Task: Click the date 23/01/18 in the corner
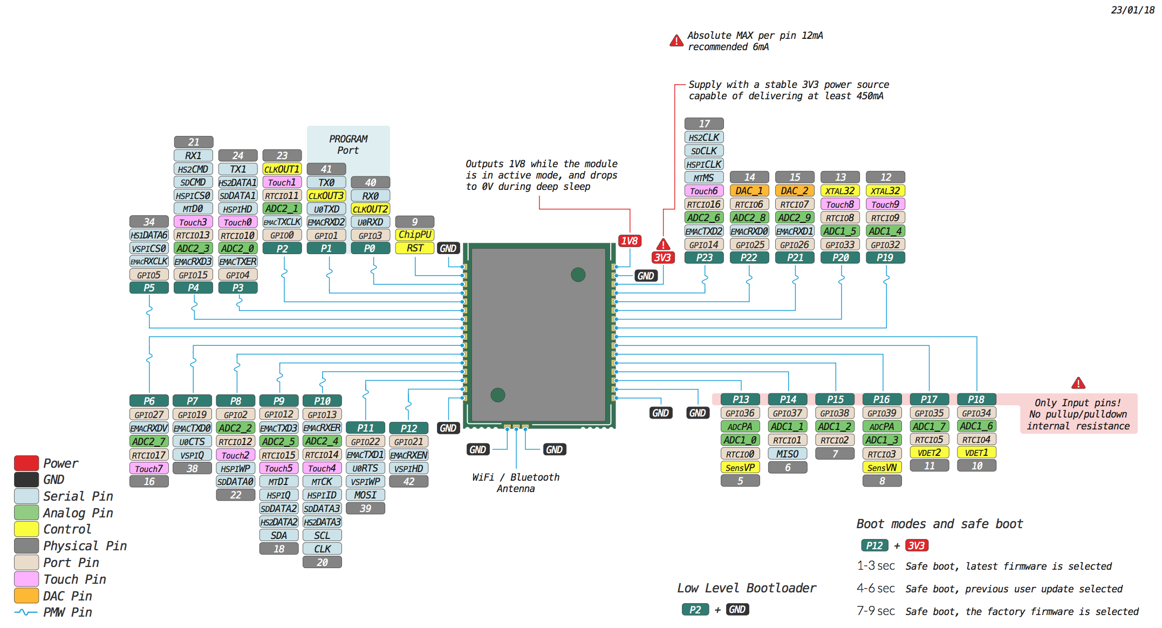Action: [x=1132, y=10]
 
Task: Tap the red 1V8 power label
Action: [x=629, y=241]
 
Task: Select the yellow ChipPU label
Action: [x=414, y=235]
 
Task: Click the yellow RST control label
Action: [x=414, y=248]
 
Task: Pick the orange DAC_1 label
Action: [x=749, y=190]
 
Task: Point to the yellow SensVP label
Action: [x=740, y=467]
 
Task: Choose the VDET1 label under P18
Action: [x=976, y=453]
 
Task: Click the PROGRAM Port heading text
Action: [x=348, y=145]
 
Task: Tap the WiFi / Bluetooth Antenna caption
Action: [x=516, y=483]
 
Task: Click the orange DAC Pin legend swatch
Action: [x=26, y=596]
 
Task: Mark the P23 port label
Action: [x=703, y=258]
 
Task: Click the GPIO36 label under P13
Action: [x=740, y=413]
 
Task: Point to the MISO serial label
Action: [x=787, y=454]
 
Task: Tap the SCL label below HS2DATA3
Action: [x=322, y=535]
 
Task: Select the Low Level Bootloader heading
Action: [x=746, y=588]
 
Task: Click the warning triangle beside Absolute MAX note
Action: [x=676, y=41]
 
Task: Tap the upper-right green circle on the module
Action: [x=578, y=275]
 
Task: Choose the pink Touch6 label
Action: [x=703, y=191]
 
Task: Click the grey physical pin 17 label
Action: [x=703, y=124]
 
